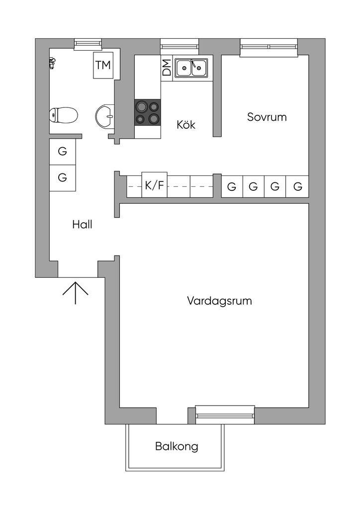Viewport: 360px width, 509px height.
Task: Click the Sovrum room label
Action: coord(267,117)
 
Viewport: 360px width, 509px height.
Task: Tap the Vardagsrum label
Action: coord(219,301)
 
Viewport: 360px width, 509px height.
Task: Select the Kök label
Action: coord(186,124)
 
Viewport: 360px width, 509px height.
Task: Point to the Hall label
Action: coord(82,224)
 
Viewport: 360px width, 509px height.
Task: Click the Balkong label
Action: coord(177,446)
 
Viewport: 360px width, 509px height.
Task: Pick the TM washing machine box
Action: coord(103,65)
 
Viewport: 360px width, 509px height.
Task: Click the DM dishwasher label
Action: coord(167,67)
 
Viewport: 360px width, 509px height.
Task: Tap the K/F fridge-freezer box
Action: coord(154,185)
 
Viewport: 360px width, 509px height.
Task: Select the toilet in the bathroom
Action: coord(64,115)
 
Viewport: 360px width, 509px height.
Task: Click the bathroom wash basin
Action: coord(105,116)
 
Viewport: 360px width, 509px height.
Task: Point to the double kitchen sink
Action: coord(191,67)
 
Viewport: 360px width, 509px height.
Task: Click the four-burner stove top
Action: coord(148,112)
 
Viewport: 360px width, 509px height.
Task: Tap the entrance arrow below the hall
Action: coord(75,292)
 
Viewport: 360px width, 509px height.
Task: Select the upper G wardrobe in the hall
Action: coord(63,152)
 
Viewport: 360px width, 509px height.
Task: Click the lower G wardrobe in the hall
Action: coord(63,177)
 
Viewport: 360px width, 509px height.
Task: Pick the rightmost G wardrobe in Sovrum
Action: coord(298,187)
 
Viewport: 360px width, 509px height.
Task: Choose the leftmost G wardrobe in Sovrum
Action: coord(231,187)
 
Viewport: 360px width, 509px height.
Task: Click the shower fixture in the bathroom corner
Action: coord(52,62)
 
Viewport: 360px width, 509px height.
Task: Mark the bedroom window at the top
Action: coord(269,47)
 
